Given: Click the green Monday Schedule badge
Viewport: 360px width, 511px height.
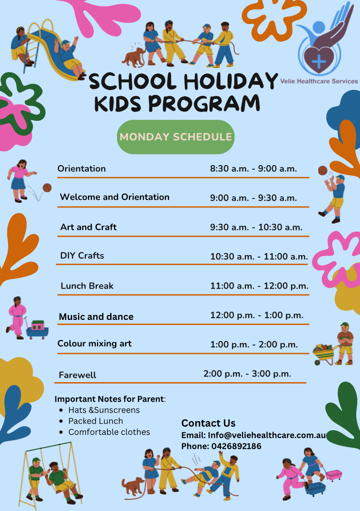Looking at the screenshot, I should (175, 137).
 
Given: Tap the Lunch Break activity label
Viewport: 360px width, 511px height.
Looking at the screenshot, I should (87, 286).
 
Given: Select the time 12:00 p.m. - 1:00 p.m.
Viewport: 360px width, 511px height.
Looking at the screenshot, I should (257, 315).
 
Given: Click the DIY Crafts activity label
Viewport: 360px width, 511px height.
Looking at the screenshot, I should (82, 255).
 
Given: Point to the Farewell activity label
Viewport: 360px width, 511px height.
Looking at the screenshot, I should (78, 375).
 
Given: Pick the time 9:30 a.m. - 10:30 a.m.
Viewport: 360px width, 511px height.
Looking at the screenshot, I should (256, 227).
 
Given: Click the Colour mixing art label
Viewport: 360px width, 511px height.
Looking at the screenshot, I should (94, 344).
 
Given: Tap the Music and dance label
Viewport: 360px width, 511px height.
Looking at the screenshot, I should (96, 317).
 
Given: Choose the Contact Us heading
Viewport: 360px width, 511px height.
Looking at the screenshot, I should (208, 423).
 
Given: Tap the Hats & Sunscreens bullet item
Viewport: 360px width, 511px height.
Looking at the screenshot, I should (104, 410).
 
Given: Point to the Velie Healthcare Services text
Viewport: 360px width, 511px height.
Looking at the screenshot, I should (319, 81).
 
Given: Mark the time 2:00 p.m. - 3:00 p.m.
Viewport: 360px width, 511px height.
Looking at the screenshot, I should (247, 374).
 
